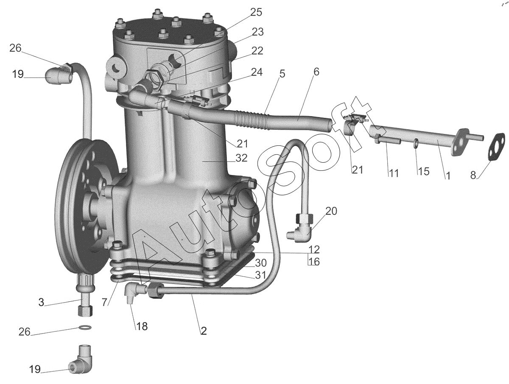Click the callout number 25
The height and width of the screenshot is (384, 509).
[x=256, y=12]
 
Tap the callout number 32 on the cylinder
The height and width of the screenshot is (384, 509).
[x=241, y=159]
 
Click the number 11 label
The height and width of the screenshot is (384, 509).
[x=393, y=173]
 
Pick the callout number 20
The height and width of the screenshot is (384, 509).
[x=331, y=211]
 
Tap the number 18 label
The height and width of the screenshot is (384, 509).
[x=142, y=327]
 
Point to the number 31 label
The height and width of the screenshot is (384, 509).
[x=260, y=275]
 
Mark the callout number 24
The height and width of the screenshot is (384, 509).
[x=256, y=72]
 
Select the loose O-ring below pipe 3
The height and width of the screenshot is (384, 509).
[x=85, y=327]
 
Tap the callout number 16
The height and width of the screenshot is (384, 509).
[x=314, y=262]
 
